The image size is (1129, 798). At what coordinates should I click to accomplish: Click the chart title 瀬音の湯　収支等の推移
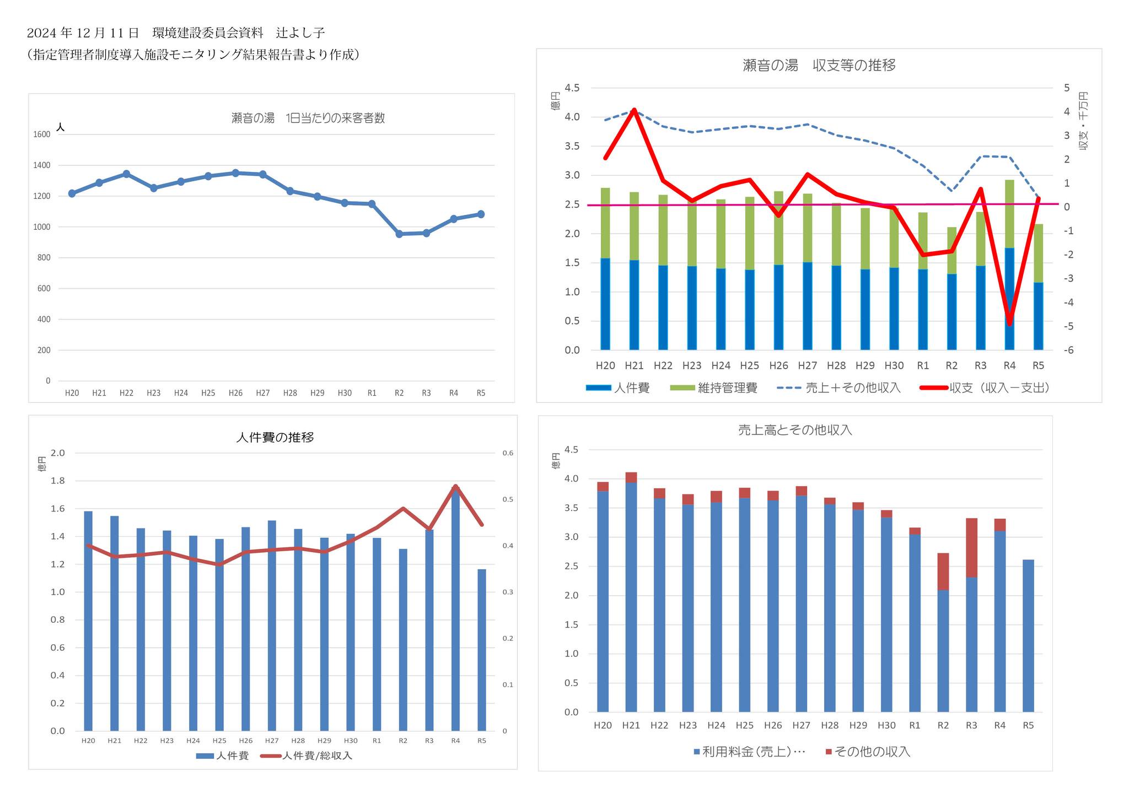tap(819, 66)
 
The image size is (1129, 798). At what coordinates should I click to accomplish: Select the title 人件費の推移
tap(275, 438)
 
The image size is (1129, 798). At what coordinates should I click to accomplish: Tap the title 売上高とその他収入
tap(795, 430)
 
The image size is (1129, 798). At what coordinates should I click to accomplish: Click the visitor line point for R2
tap(399, 234)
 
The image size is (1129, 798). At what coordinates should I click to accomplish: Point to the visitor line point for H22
tap(126, 174)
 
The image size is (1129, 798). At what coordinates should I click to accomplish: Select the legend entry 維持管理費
tap(727, 388)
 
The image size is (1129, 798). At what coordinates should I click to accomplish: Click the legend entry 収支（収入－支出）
tap(998, 388)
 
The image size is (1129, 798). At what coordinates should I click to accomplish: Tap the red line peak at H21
tap(634, 110)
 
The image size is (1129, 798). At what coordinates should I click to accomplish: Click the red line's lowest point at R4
tap(1009, 324)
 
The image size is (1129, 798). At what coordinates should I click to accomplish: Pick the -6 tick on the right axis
tap(1068, 351)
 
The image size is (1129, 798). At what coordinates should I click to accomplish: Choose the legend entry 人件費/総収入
tap(316, 756)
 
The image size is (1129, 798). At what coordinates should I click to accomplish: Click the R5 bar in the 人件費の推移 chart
tap(482, 650)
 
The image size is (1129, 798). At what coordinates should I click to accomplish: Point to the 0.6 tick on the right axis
tap(508, 454)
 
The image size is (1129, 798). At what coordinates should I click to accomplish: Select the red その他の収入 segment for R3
tap(971, 548)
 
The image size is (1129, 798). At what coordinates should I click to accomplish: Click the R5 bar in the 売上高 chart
tap(1028, 636)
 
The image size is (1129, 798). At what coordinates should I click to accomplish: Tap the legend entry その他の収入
tap(872, 752)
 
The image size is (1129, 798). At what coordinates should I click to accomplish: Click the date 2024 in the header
tap(42, 33)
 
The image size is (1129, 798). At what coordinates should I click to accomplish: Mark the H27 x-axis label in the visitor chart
tap(263, 393)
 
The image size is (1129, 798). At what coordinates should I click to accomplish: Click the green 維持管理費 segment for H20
tap(605, 223)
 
